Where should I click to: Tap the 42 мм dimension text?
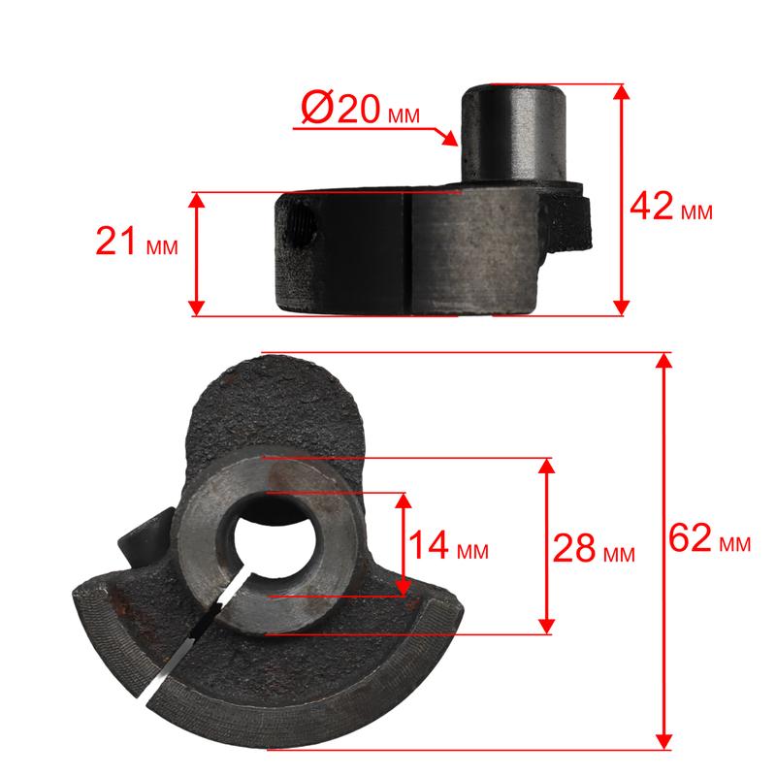[x=671, y=207]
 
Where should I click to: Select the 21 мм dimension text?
[x=137, y=241]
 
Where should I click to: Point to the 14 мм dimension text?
[x=448, y=545]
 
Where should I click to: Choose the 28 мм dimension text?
[x=594, y=548]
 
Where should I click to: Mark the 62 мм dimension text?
[x=710, y=537]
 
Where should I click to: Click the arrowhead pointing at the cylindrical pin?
[x=449, y=138]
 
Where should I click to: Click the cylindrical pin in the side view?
[x=513, y=134]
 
